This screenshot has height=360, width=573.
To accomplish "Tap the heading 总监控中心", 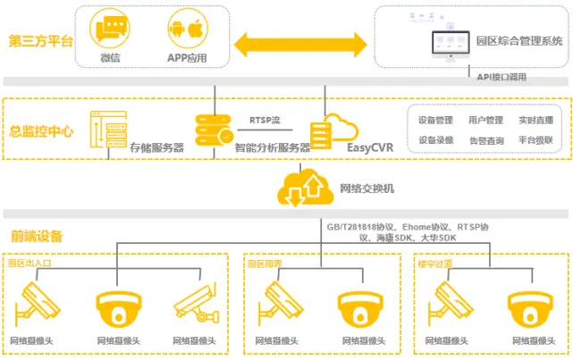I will (x=41, y=130).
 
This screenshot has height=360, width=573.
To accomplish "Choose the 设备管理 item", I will (x=436, y=120).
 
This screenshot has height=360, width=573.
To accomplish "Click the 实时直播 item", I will (x=535, y=120).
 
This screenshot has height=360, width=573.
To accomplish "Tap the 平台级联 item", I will (x=535, y=140).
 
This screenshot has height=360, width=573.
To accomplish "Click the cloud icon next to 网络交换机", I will (x=306, y=186).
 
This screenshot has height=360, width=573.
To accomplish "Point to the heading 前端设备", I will (x=37, y=236).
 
